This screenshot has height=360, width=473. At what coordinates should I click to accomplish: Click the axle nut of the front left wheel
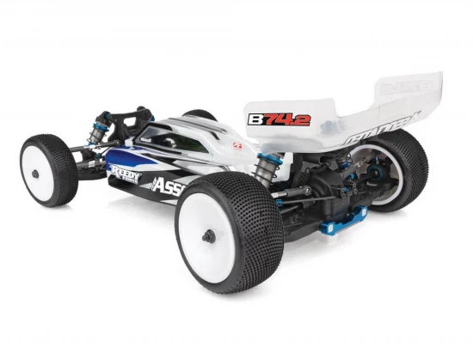point(35,172)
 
